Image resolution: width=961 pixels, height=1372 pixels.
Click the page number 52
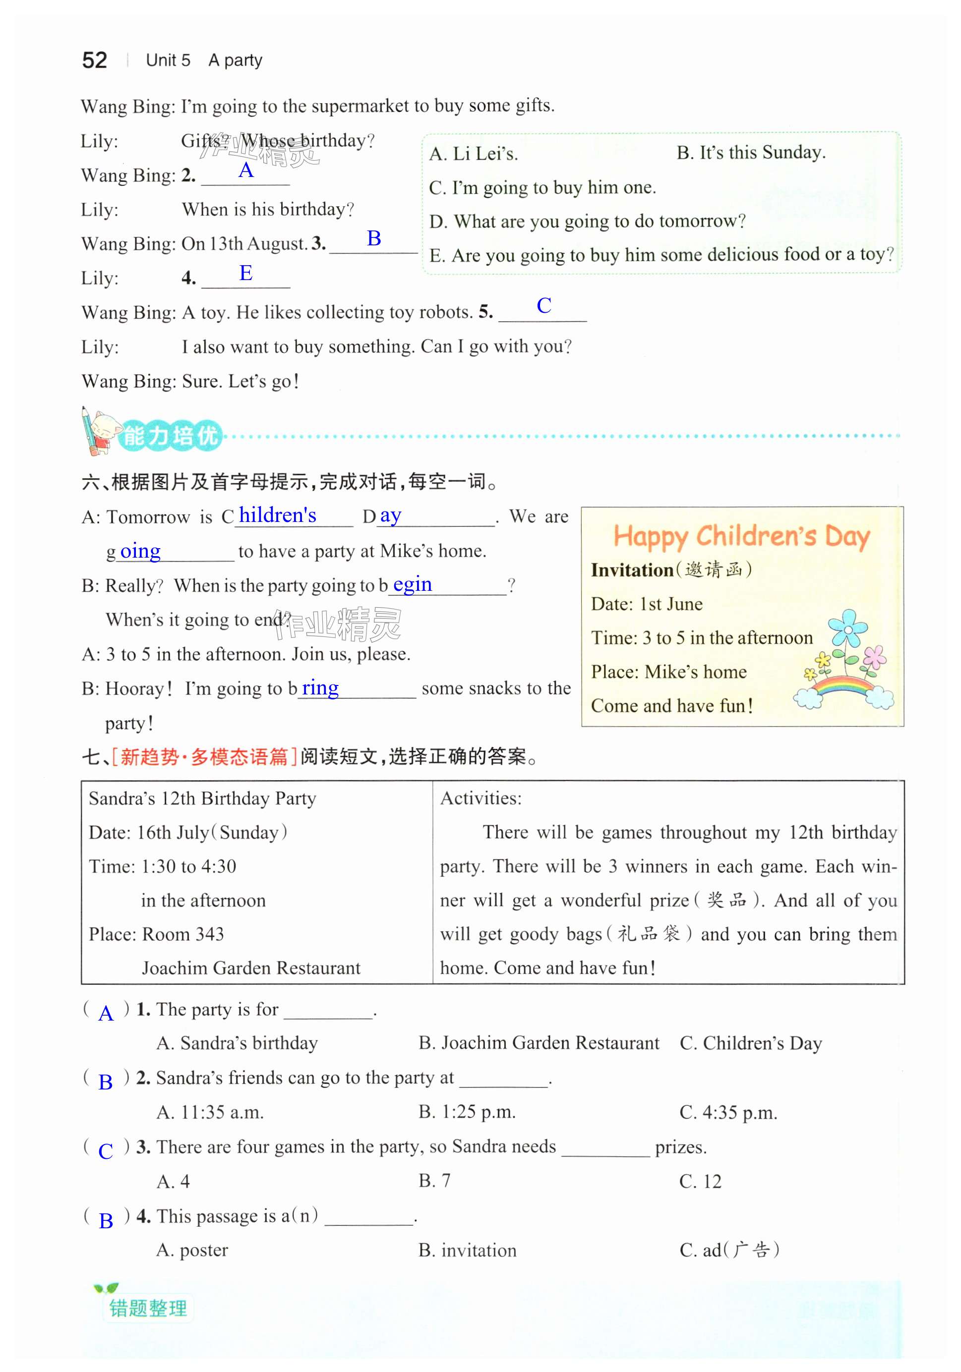tap(94, 60)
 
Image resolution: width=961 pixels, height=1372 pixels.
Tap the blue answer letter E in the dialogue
tap(245, 273)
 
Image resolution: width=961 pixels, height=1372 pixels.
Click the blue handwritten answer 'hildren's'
tap(277, 515)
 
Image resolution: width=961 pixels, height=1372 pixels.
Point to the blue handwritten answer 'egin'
tap(413, 584)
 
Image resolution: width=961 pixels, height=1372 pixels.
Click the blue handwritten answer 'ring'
tap(320, 688)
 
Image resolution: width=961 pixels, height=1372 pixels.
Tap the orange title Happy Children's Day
tap(741, 536)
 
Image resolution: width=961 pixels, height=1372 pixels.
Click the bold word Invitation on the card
tap(632, 570)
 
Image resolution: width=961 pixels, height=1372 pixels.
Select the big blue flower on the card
tap(847, 627)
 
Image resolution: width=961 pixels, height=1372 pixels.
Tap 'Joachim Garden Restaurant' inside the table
tap(251, 968)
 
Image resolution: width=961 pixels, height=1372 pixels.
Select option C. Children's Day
tap(751, 1043)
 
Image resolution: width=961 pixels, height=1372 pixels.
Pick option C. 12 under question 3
tap(701, 1181)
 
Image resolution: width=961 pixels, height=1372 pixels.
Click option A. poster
tap(192, 1250)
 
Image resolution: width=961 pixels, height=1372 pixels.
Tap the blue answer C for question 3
tap(106, 1151)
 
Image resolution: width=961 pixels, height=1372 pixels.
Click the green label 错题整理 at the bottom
tap(148, 1308)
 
